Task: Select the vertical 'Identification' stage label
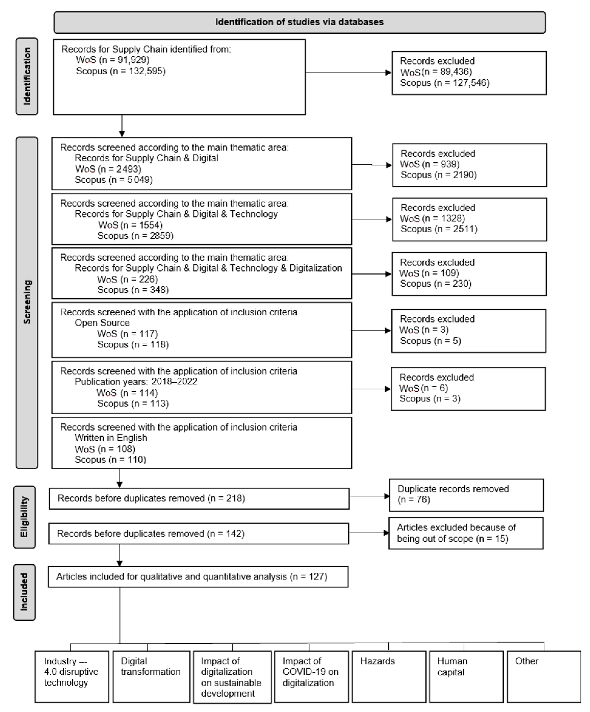[x=27, y=76]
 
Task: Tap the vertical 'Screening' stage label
[x=27, y=302]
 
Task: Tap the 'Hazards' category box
[x=389, y=676]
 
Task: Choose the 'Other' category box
[x=544, y=676]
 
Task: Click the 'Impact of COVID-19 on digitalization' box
[x=311, y=676]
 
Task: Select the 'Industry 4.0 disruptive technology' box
[x=72, y=676]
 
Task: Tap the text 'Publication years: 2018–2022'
[x=136, y=382]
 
